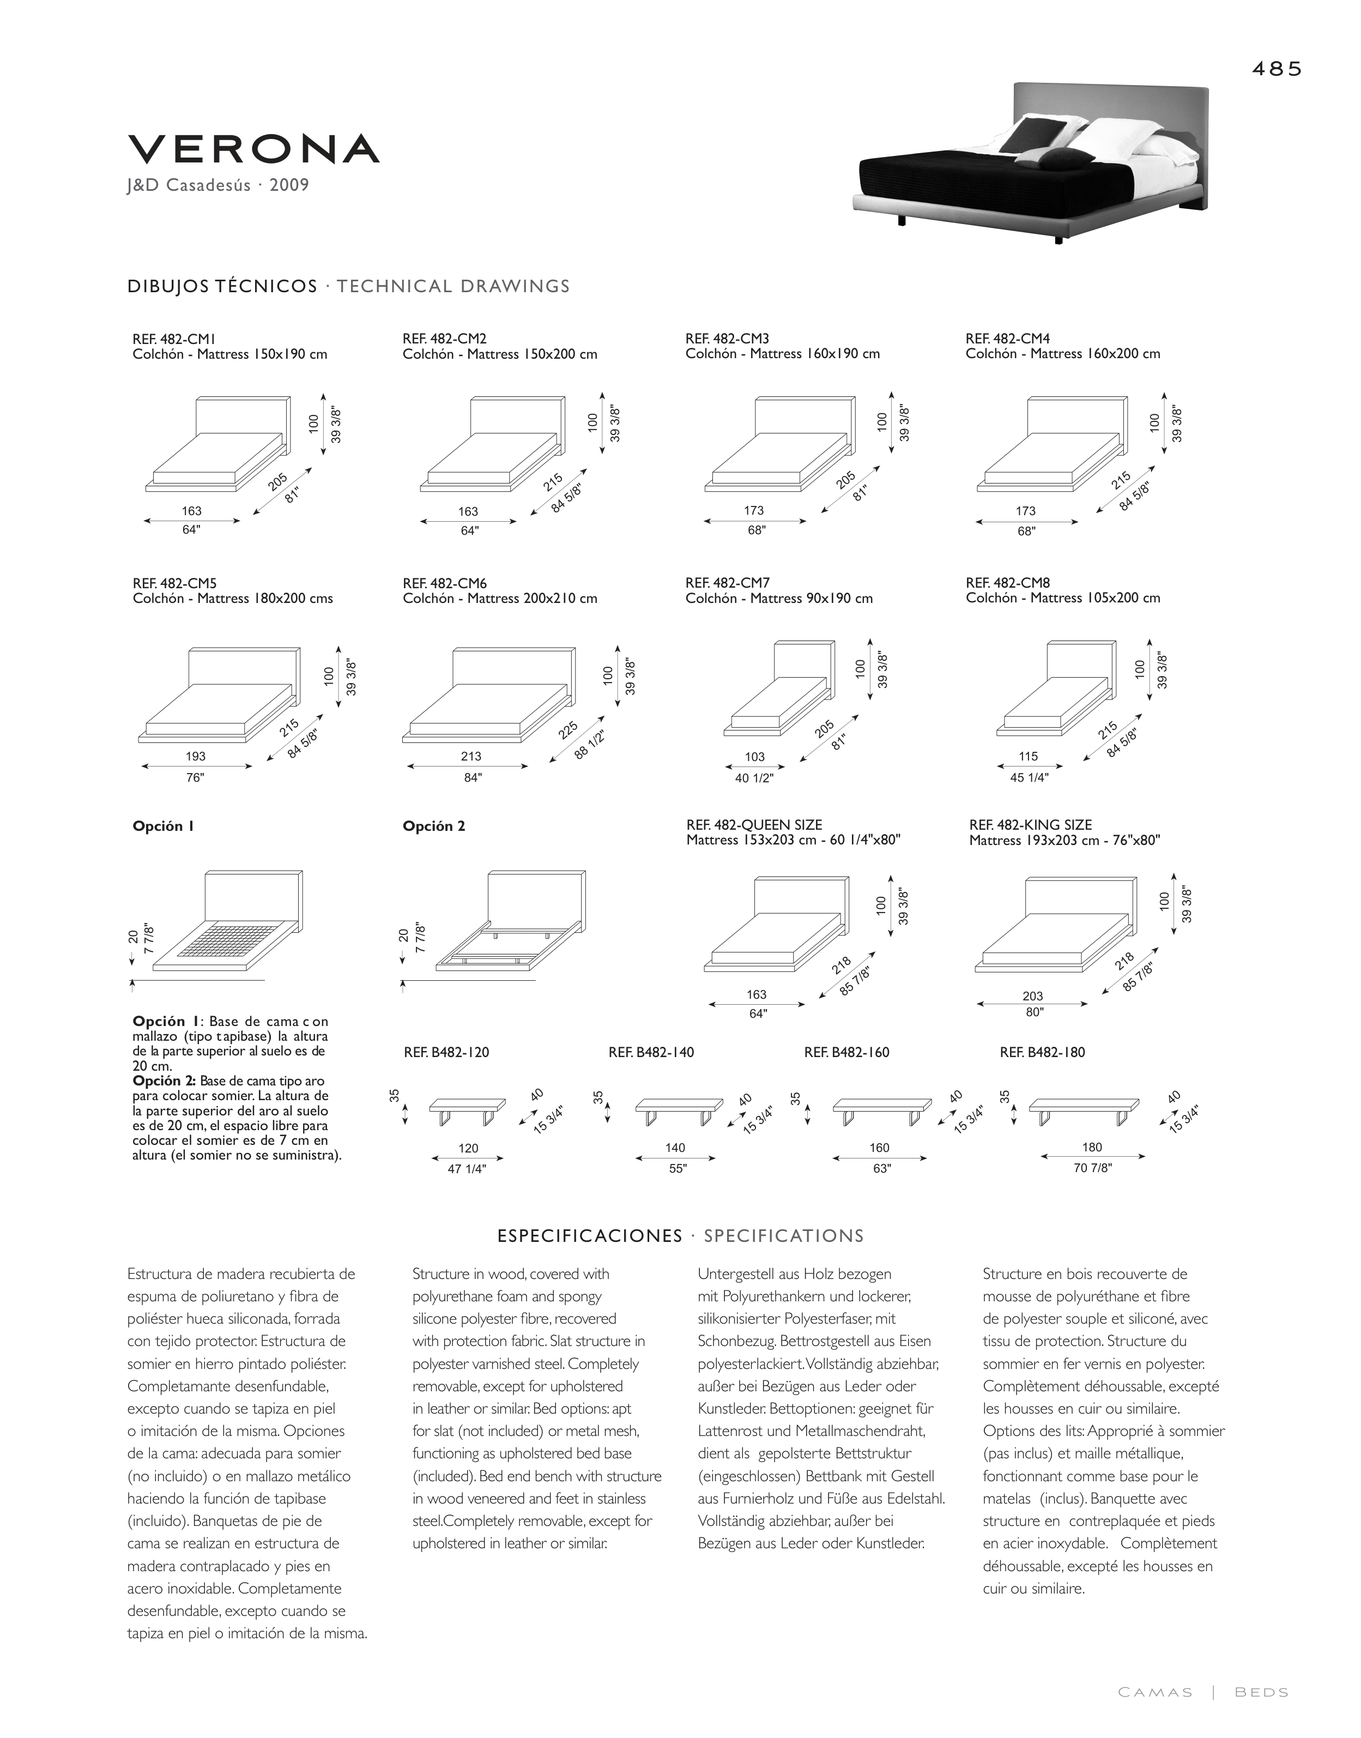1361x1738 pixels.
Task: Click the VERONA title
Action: coord(253,149)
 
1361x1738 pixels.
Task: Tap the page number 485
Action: coord(1277,69)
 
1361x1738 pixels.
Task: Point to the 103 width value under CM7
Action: coord(754,757)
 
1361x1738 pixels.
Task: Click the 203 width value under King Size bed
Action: coord(1033,996)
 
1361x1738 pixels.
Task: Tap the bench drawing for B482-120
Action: coord(467,1109)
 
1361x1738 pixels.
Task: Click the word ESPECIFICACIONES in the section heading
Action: coord(590,1236)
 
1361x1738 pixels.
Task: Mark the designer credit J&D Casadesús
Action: coord(187,186)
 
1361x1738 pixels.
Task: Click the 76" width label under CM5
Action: coord(195,778)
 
